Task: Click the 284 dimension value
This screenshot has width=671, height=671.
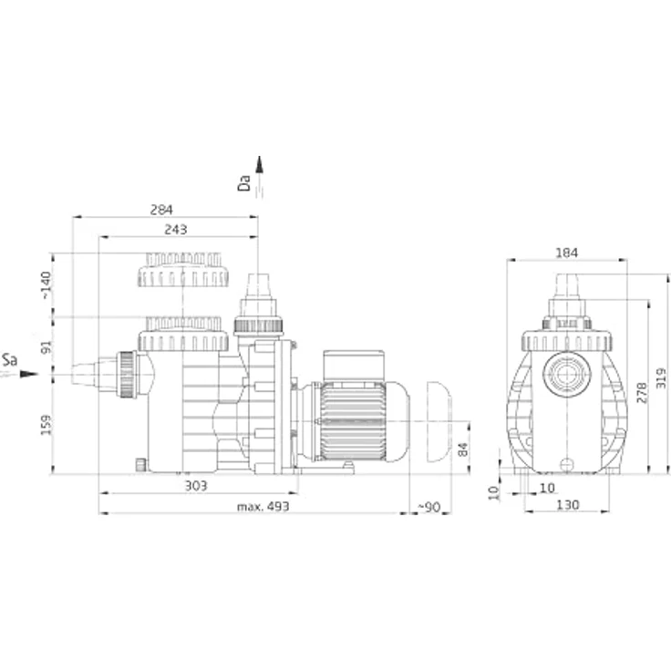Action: (161, 210)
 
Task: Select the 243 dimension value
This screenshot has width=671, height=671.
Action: (175, 230)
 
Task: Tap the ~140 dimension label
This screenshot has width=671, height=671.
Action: (46, 285)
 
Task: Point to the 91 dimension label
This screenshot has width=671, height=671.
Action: (46, 347)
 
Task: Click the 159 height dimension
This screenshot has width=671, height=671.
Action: (46, 425)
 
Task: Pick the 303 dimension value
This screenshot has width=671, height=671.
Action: (196, 486)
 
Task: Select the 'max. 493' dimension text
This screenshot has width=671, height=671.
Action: (263, 507)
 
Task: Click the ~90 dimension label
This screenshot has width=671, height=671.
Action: (428, 507)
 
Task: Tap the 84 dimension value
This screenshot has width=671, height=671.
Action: (462, 449)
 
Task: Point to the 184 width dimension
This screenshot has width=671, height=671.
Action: (566, 253)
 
